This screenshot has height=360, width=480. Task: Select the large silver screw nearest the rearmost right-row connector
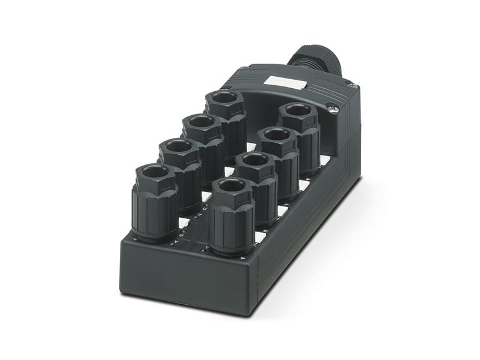point(334,109)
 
